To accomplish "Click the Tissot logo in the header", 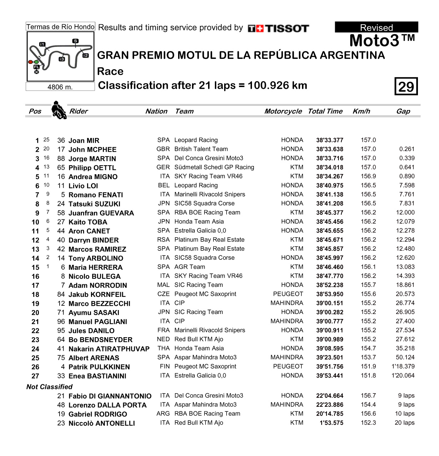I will coord(278,29).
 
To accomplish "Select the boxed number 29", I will coord(406,86).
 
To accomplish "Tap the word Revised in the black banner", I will coord(376,27).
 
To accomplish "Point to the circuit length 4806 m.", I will coord(60,87).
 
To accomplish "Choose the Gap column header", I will coord(403,111).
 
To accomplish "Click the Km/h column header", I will coord(361,111).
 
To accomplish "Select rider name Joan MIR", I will coord(84,141).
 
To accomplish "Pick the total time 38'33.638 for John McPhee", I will coord(329,150).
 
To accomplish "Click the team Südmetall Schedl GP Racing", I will coord(214,167).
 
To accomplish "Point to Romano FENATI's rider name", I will coord(96,195).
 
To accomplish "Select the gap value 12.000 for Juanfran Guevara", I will coord(405,213).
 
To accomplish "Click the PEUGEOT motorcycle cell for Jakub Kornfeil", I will coord(288,294).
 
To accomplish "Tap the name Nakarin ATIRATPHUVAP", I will coord(109,349).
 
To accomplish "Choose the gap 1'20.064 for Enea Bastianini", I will coord(403,376).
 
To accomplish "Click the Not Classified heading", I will coord(49,387).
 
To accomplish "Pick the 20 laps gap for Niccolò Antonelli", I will coord(404,423).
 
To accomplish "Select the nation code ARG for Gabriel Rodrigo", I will coord(163,414).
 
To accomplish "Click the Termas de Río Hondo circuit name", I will coord(60,27).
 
